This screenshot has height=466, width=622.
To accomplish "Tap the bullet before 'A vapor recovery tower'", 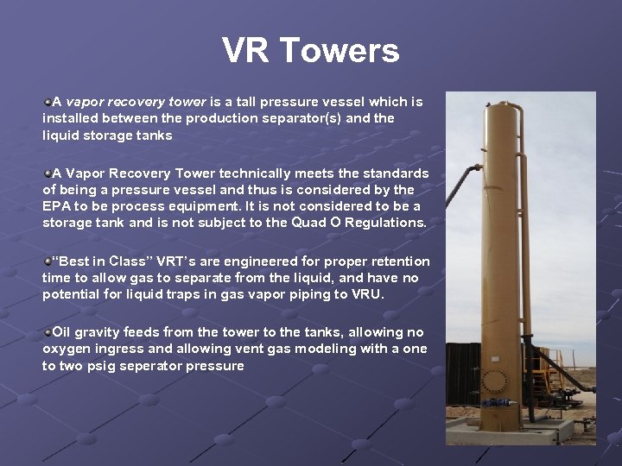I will coord(48,102).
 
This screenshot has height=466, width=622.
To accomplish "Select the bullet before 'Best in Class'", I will coord(48,261).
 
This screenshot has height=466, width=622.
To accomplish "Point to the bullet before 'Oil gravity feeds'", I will coord(48,331).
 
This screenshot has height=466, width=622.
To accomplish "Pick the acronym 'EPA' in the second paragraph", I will coord(58,206).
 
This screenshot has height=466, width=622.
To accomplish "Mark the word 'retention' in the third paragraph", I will coord(400,261).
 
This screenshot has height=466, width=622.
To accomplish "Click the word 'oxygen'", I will coord(66,349).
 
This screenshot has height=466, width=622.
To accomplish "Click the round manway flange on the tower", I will coord(496,381).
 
